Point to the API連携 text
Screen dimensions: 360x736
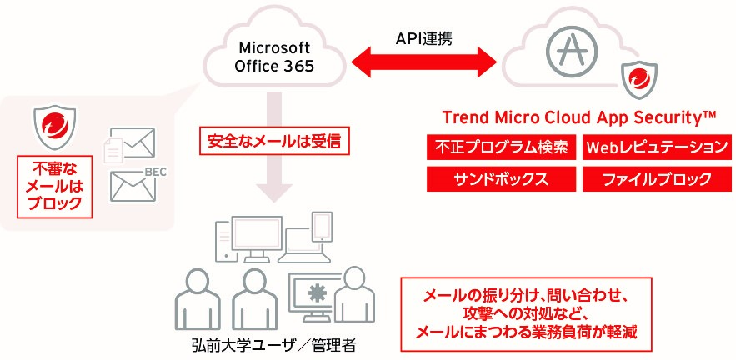(424, 38)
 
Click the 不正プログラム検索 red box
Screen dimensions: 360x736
(501, 147)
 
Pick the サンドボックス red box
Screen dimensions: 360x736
(501, 178)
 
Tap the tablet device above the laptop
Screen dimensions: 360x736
(323, 225)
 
